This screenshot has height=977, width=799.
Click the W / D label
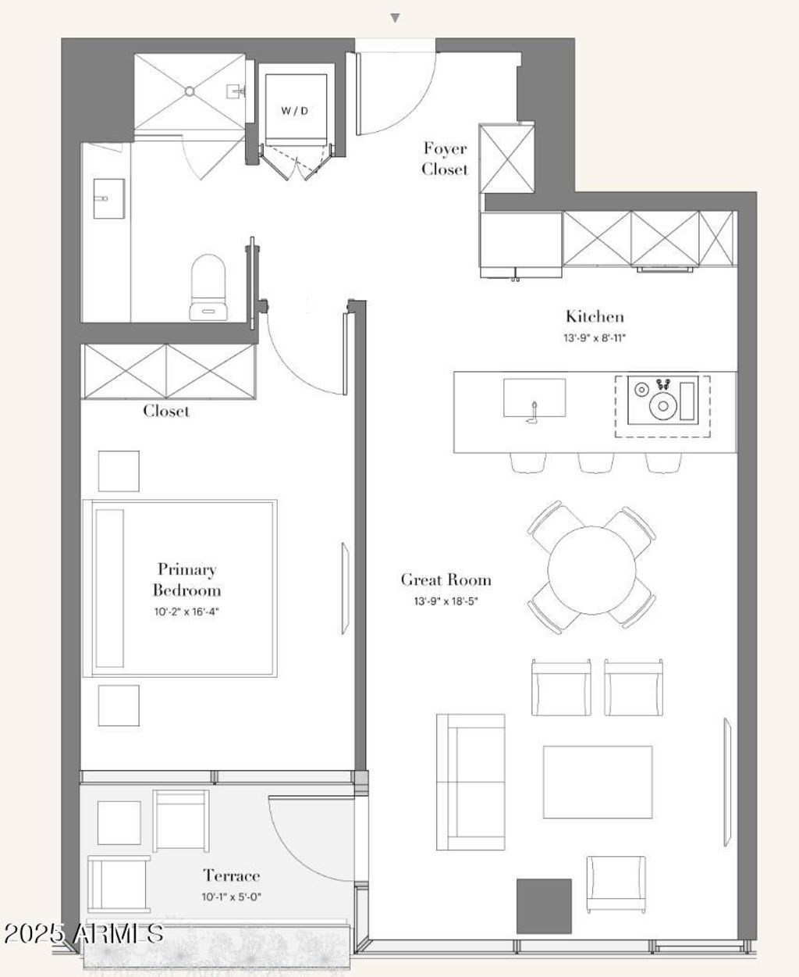[294, 111]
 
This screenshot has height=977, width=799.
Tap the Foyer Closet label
[445, 159]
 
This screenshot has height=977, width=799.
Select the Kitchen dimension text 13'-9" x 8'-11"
[595, 337]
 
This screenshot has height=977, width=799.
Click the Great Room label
[446, 580]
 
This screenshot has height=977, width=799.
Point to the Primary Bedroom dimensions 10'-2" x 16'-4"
[186, 612]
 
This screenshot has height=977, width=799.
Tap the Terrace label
[232, 875]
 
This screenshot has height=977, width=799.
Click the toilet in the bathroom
[208, 287]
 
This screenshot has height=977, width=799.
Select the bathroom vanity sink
[109, 198]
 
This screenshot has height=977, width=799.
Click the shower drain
[190, 91]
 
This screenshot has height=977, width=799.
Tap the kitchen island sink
[534, 398]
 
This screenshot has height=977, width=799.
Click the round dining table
[591, 570]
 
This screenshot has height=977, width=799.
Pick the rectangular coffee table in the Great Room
[598, 782]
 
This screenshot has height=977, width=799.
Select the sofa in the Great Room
[471, 782]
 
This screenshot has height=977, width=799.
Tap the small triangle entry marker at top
[395, 18]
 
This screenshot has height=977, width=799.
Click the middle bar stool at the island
[596, 462]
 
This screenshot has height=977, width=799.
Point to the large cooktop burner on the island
[663, 406]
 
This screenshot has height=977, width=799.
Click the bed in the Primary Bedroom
[180, 588]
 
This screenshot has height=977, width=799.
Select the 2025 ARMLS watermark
[83, 933]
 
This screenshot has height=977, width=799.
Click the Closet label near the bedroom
[166, 411]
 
